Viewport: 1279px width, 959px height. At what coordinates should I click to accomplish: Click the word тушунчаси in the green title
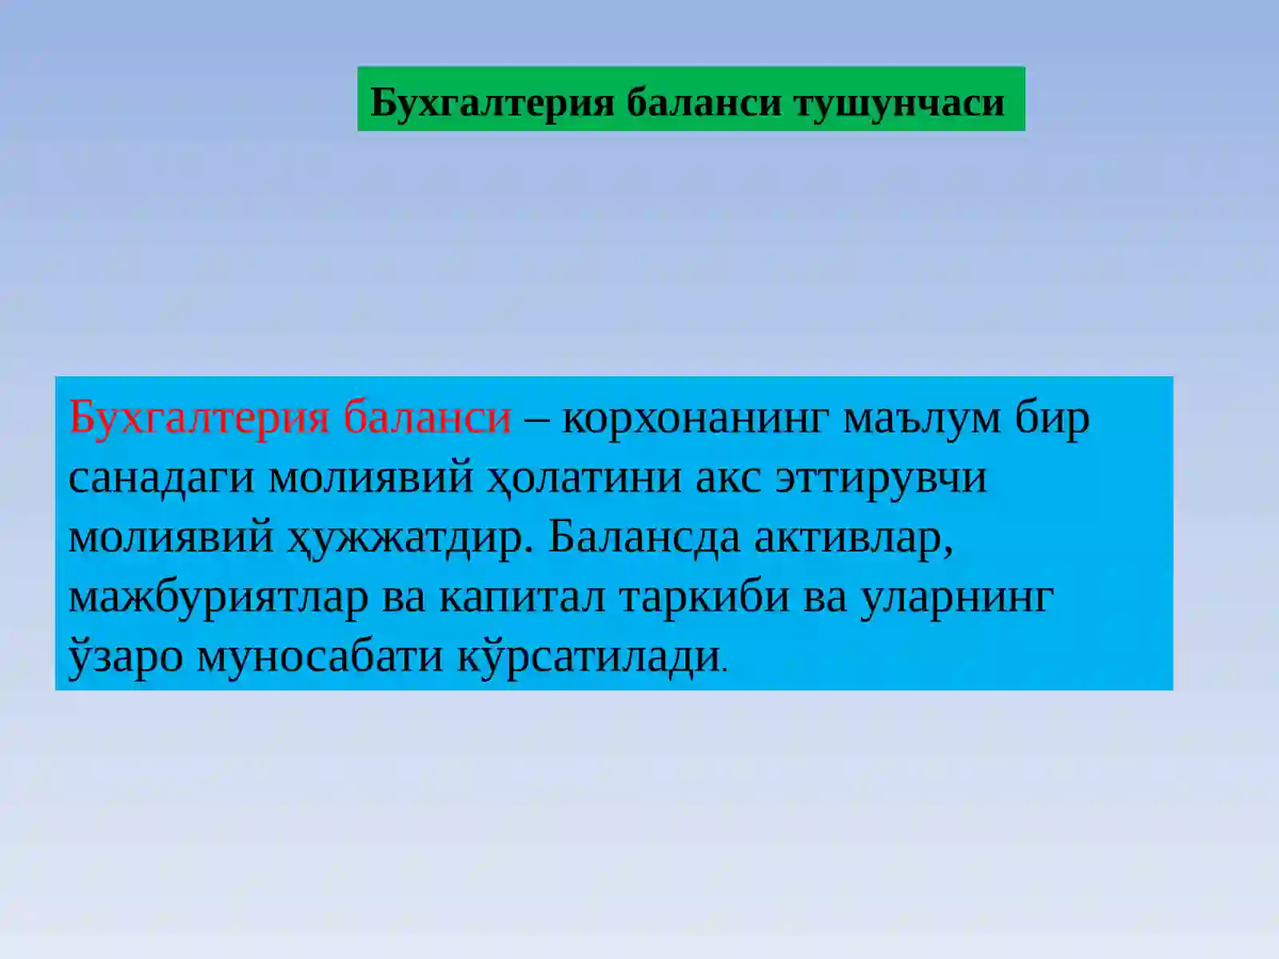(898, 102)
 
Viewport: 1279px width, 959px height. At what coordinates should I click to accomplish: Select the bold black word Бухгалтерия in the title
(492, 102)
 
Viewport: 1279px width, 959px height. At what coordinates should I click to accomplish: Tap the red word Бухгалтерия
(199, 417)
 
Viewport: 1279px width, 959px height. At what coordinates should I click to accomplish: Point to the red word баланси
(428, 417)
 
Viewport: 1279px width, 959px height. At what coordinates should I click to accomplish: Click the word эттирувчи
(881, 477)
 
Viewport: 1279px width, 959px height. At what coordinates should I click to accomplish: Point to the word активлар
(853, 537)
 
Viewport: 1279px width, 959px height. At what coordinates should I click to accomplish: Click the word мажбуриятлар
(218, 597)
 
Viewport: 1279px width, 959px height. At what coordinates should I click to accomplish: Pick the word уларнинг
(957, 597)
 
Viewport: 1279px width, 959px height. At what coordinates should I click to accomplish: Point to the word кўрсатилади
(589, 657)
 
